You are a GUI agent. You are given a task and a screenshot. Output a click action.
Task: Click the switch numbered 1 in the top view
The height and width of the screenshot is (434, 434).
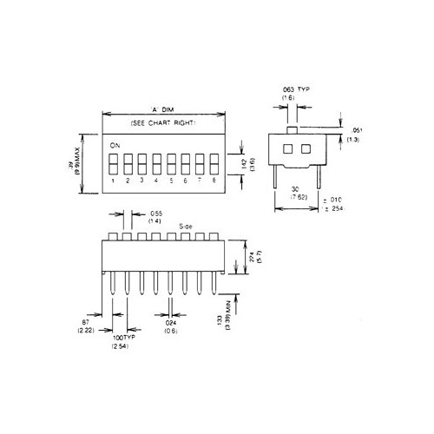(114, 163)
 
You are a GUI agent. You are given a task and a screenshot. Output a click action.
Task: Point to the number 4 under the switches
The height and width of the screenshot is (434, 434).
(156, 181)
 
